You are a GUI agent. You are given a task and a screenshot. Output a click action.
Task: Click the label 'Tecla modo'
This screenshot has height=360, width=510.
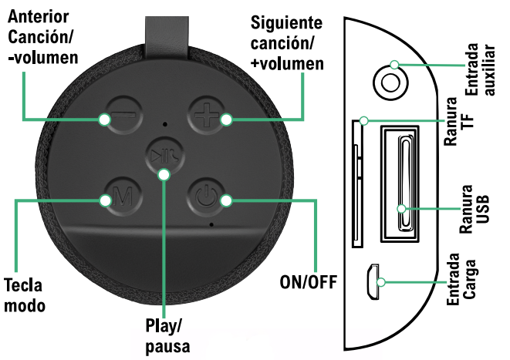23,294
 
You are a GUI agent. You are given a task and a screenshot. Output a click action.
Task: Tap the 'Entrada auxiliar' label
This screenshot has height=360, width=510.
481,79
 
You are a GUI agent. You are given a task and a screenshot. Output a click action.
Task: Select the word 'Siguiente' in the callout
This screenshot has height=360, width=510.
288,25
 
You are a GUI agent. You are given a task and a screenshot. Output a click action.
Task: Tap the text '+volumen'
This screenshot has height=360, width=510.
287,63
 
